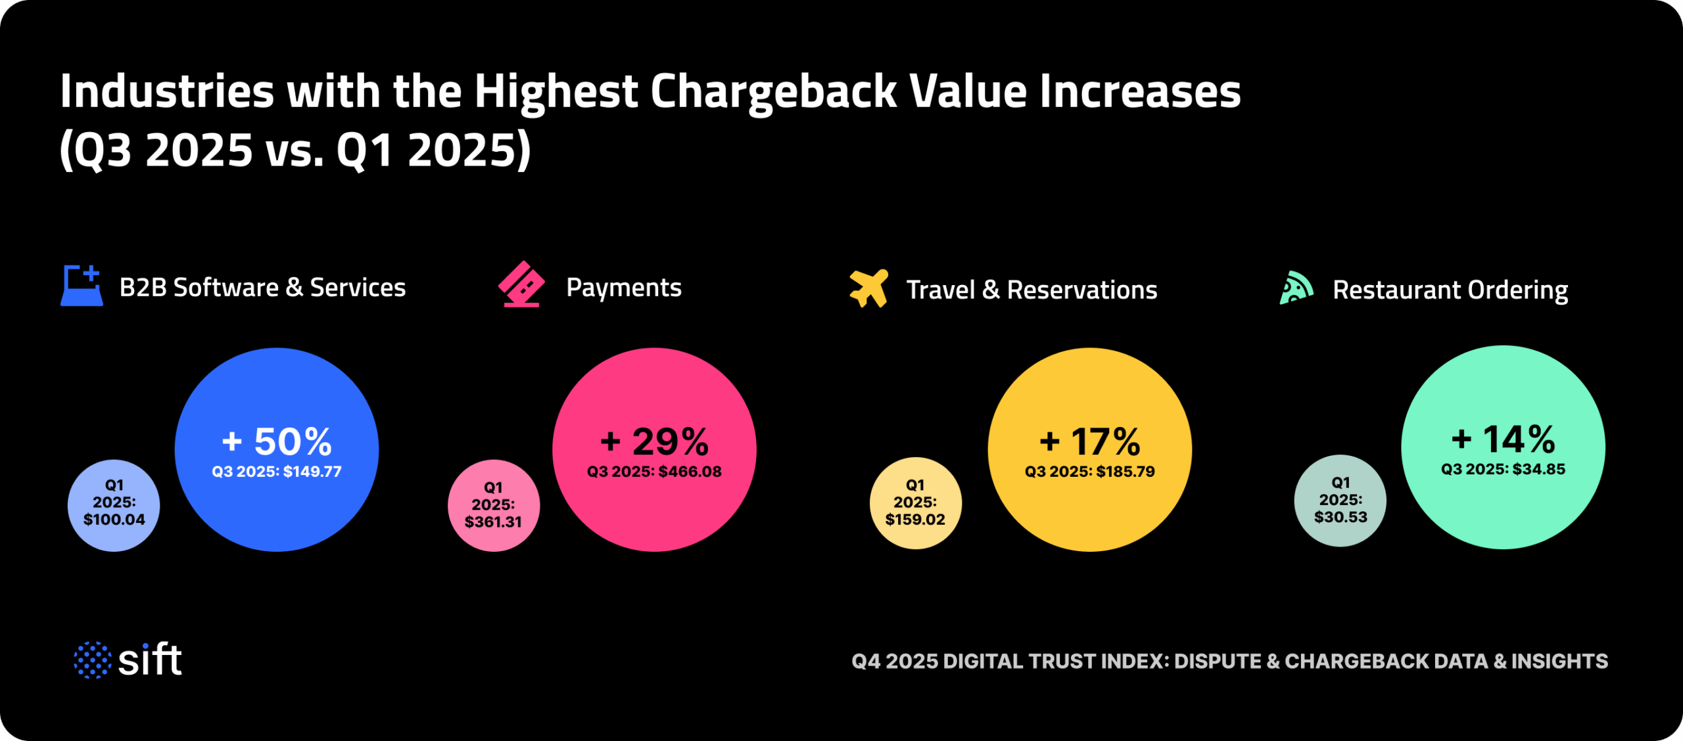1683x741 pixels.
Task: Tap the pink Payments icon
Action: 521,284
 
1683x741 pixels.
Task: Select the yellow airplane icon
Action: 868,288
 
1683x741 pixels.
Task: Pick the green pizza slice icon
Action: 1296,288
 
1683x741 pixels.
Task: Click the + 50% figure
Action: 277,441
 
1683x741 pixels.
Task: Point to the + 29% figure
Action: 655,441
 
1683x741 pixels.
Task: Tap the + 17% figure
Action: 1090,441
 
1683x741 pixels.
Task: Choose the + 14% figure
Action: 1503,439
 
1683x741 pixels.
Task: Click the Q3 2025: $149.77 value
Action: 277,472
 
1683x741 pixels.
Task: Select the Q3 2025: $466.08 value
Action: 655,472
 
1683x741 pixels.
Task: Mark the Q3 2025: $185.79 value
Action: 1090,472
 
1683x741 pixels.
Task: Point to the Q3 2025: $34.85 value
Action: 1503,470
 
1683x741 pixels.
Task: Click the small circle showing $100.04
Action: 114,505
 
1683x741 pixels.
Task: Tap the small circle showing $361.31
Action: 494,505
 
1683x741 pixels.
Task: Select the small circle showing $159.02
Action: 915,503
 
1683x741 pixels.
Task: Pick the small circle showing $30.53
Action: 1340,501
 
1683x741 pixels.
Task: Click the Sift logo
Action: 128,660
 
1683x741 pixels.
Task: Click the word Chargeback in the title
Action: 773,91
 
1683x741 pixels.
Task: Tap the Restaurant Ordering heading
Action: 1450,290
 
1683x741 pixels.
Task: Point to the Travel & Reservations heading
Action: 1031,290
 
